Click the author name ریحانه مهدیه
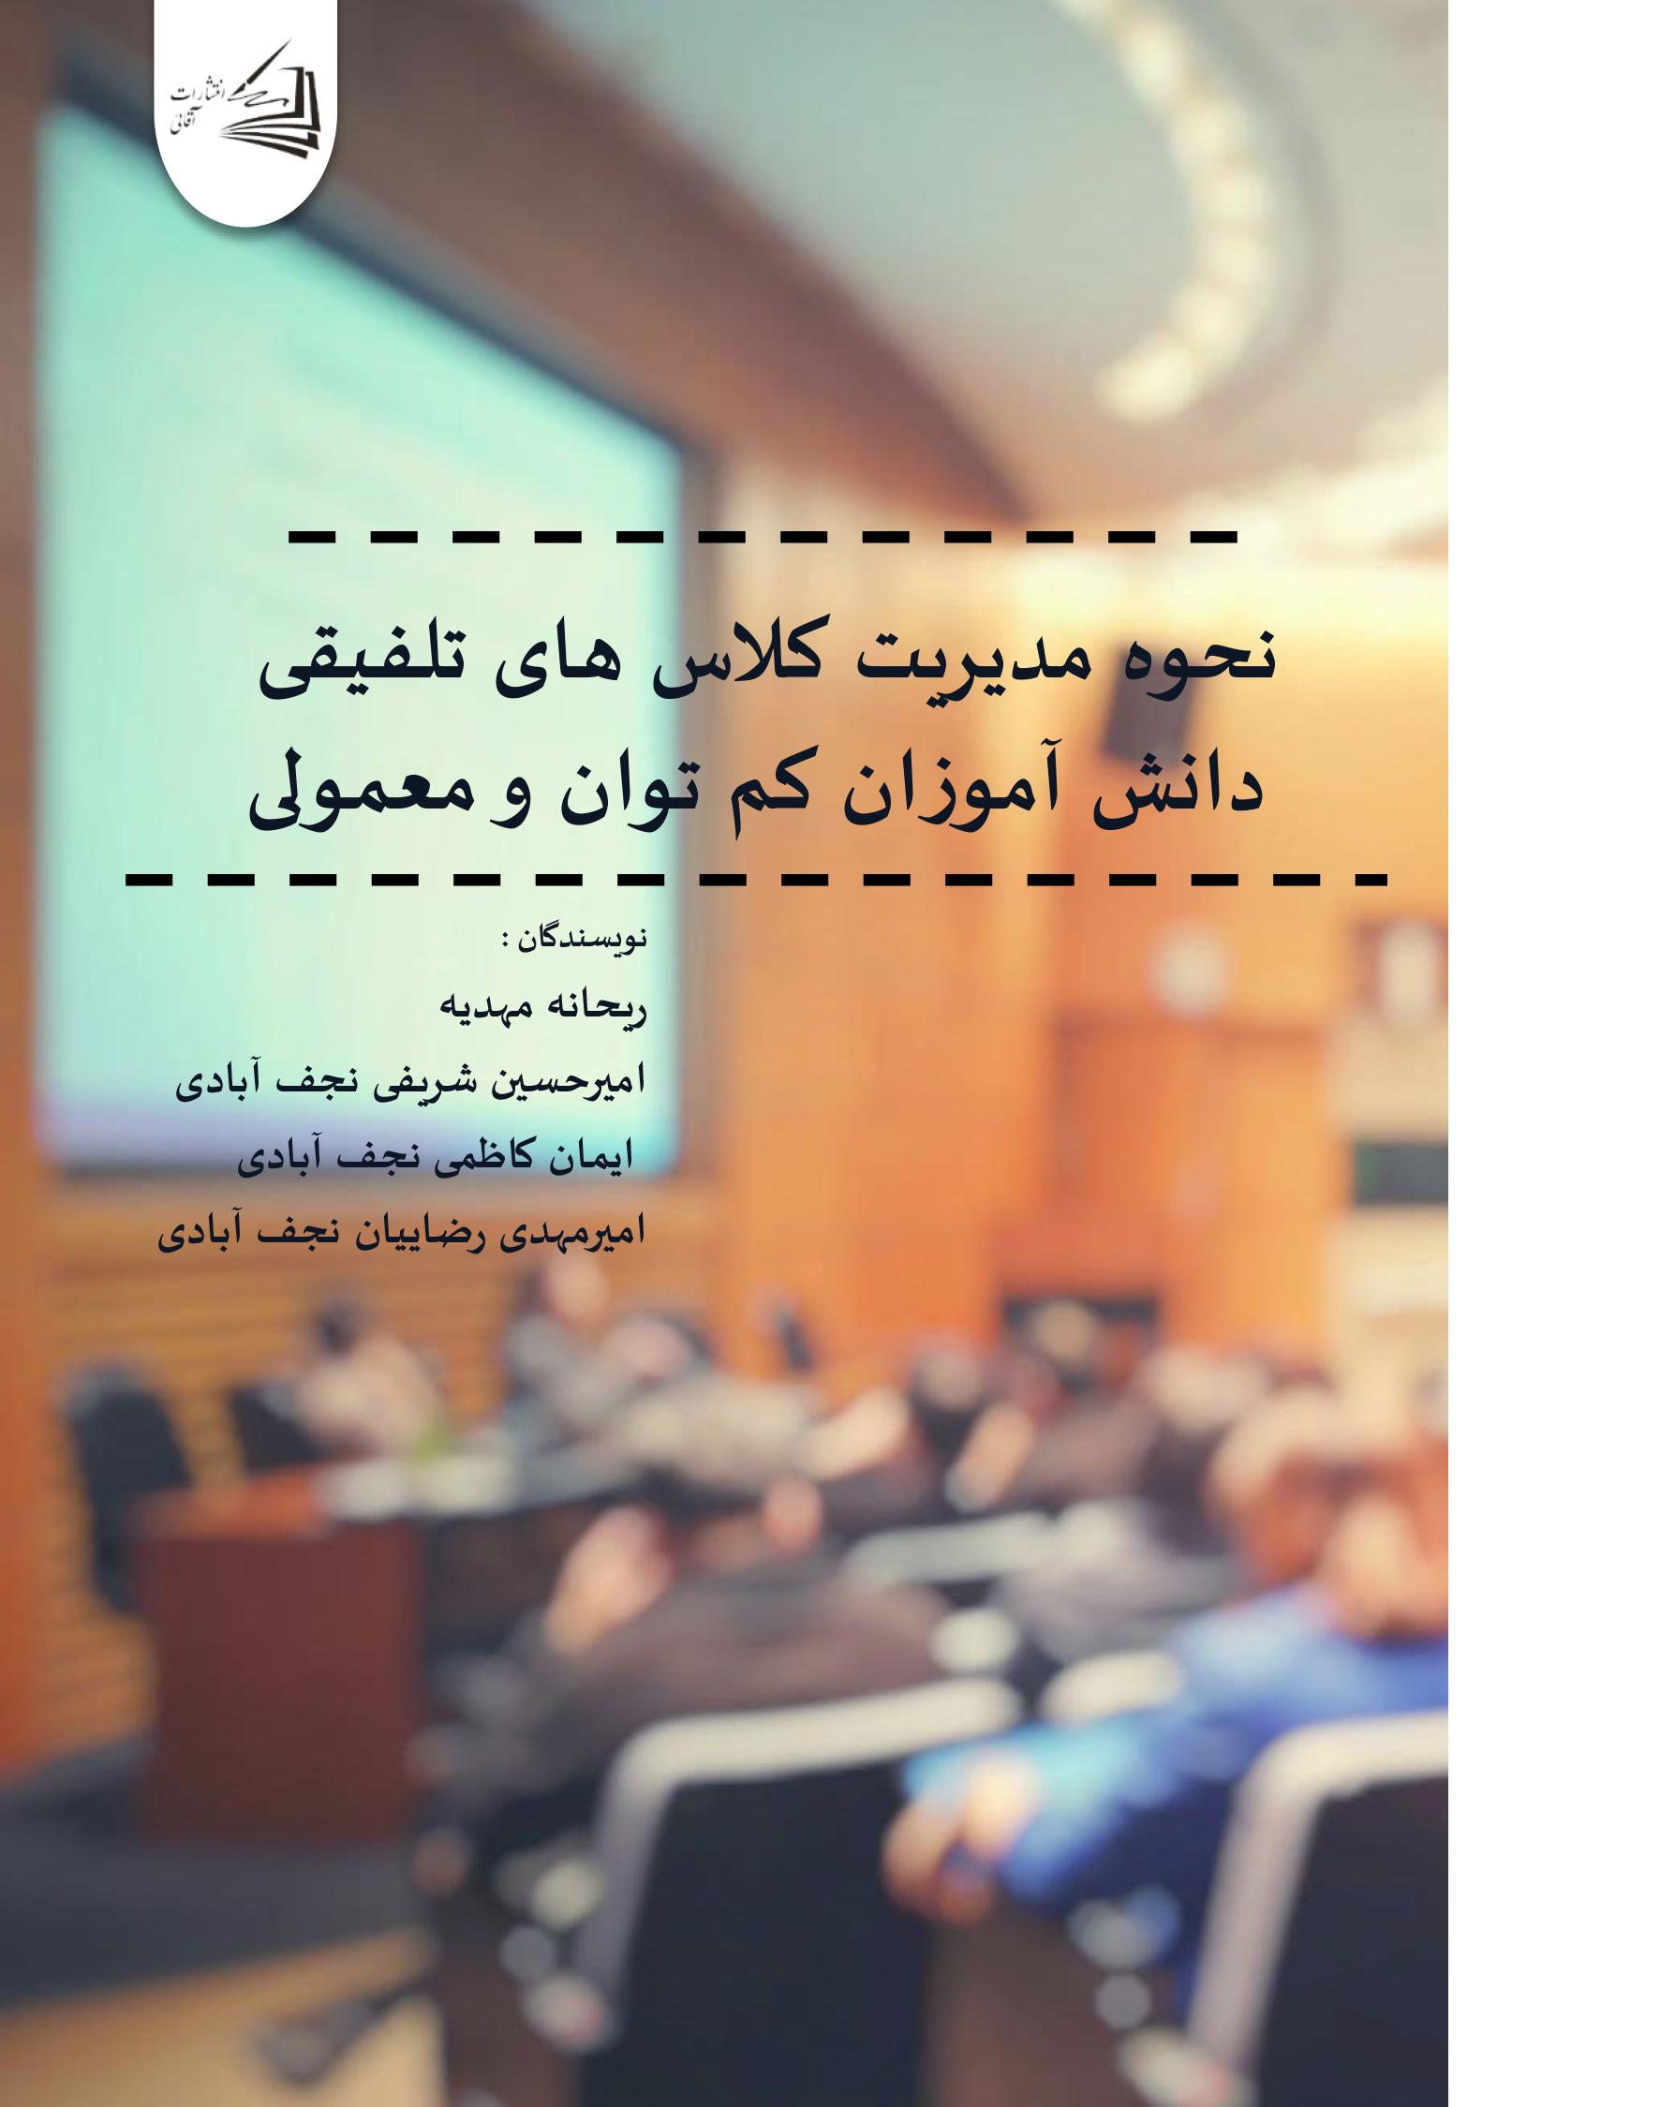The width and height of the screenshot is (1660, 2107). point(544,1012)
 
